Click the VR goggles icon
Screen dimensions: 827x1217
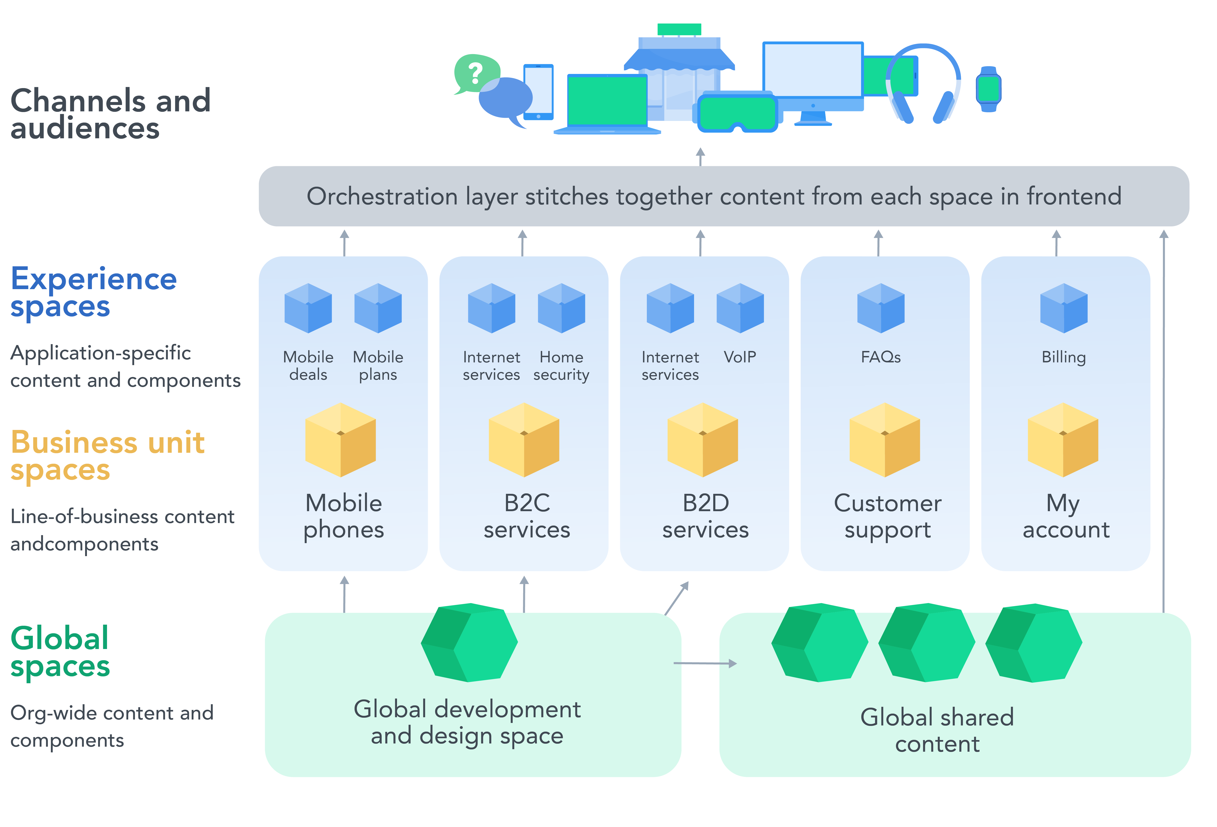tap(737, 113)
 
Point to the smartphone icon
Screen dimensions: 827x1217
tap(538, 92)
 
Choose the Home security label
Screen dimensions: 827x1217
tap(561, 366)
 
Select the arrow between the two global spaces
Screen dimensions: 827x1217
tap(704, 664)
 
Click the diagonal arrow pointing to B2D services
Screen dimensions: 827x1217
tap(676, 598)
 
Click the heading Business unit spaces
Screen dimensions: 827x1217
tap(107, 456)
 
